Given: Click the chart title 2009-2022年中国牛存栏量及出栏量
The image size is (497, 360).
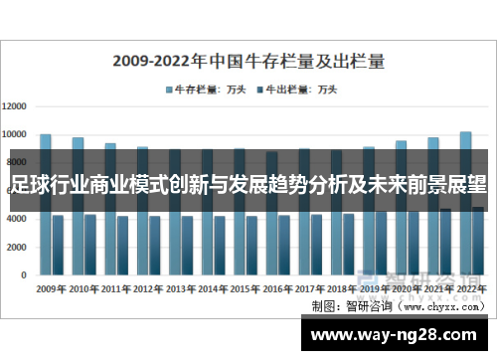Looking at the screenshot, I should [x=248, y=60].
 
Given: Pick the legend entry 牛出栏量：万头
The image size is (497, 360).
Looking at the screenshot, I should [x=300, y=90].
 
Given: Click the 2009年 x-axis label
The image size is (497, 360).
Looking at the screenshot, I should [x=51, y=289].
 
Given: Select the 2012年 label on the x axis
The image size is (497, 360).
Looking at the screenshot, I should [x=147, y=289].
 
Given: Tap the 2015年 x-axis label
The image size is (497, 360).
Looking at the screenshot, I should [x=244, y=289].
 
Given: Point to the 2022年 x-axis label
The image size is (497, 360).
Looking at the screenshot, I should [x=470, y=289].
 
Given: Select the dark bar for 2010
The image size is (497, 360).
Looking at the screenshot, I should [x=89, y=243].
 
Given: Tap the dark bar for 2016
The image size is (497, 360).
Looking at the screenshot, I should [x=284, y=244].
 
